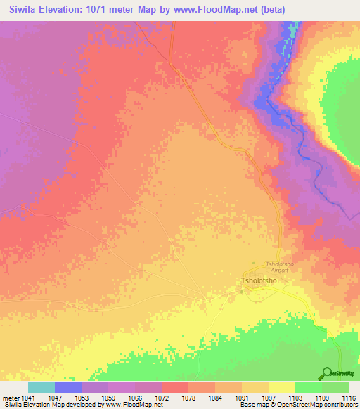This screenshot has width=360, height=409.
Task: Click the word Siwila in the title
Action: (19, 10)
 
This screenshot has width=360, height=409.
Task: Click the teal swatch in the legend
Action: (41, 387)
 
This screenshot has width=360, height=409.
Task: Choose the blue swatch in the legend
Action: (68, 387)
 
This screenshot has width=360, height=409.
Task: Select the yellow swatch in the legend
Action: (281, 387)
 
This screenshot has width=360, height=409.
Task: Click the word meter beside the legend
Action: (12, 397)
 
